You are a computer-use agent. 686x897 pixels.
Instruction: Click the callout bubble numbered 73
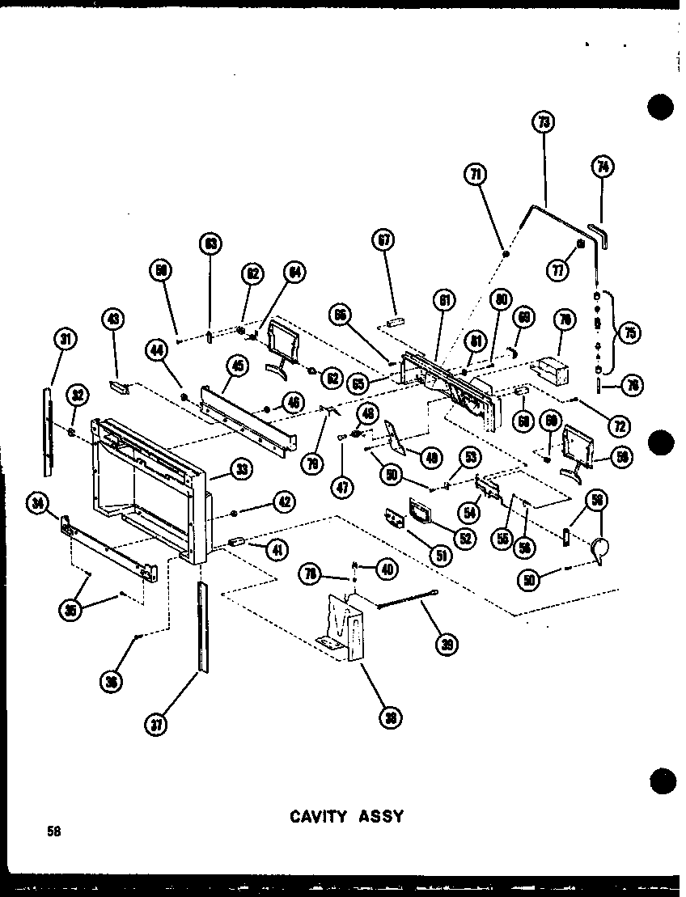point(541,124)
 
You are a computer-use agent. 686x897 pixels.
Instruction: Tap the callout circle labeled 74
point(603,167)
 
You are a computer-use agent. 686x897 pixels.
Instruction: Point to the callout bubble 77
point(557,270)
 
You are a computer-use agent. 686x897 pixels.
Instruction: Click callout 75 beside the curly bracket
point(628,333)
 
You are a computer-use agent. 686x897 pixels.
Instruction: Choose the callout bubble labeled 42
point(282,501)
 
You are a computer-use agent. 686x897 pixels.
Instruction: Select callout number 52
point(464,535)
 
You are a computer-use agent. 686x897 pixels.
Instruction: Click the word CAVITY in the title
point(317,816)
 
